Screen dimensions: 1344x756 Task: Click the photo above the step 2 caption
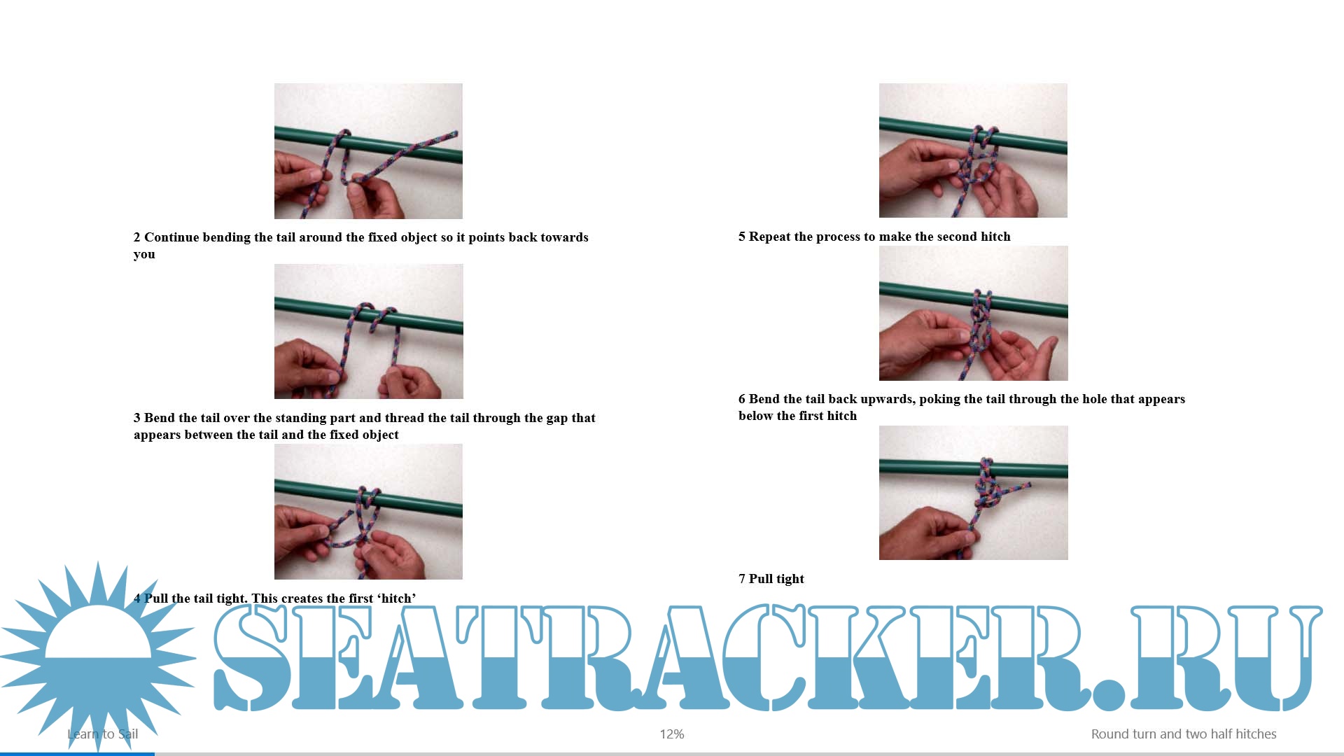(x=368, y=151)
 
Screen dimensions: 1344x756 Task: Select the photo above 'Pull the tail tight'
(x=368, y=512)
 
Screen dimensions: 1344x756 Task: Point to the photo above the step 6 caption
(x=974, y=313)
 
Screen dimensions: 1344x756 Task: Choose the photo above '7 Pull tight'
(x=974, y=493)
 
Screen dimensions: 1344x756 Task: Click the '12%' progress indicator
(x=672, y=734)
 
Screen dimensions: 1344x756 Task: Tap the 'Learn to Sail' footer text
(x=103, y=734)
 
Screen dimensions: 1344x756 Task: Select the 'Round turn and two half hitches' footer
(x=1184, y=734)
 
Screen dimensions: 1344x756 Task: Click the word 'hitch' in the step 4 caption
(x=395, y=598)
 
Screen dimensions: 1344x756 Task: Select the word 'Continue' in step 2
(x=171, y=237)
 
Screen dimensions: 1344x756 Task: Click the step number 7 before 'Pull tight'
(x=742, y=579)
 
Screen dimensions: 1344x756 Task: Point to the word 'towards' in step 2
(x=561, y=237)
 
